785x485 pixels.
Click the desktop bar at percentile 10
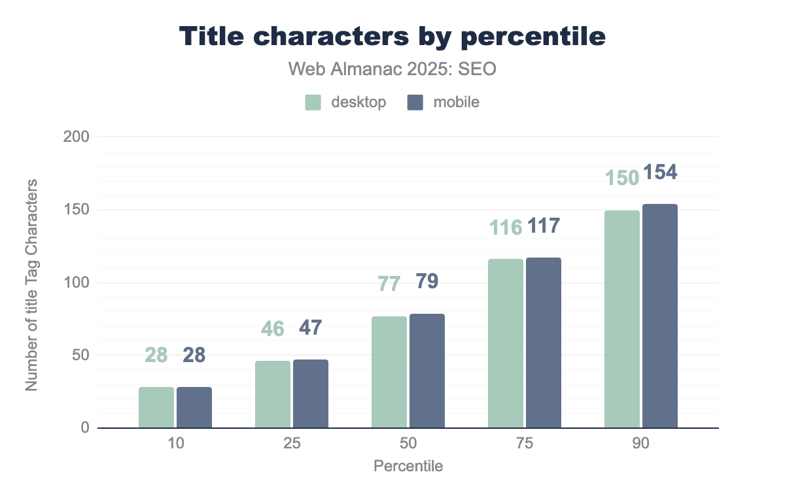(156, 407)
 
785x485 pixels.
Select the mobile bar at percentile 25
(311, 393)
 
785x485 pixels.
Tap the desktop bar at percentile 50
(389, 372)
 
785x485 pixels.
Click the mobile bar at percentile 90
(659, 316)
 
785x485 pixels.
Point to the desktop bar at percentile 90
(621, 319)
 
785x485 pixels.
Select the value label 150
(621, 178)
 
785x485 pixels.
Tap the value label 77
(389, 285)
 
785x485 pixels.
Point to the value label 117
(544, 226)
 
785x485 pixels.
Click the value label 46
(272, 328)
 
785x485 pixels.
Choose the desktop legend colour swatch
(313, 103)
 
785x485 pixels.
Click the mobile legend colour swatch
(415, 103)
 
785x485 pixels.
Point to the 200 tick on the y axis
(77, 137)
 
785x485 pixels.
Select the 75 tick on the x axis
(524, 443)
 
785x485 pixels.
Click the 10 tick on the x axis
(175, 443)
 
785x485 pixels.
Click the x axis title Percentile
(408, 466)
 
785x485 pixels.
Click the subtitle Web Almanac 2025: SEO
(392, 69)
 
